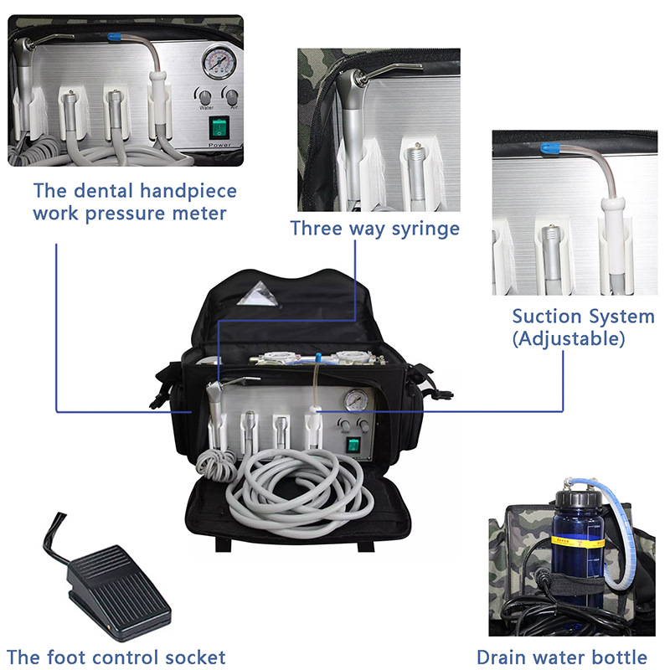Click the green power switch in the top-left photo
coord(219,128)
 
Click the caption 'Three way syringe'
coord(374,228)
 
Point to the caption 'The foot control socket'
coord(116,657)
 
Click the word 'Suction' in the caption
coord(547,317)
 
